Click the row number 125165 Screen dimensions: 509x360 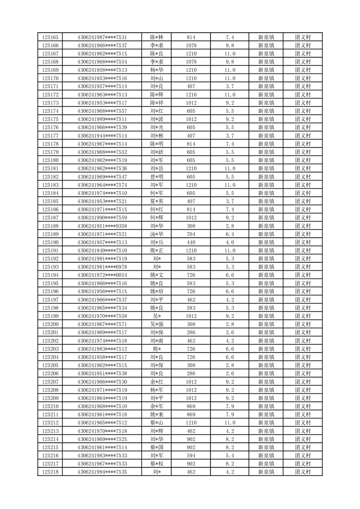[x=50, y=37]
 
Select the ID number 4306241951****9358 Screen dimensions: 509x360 [x=102, y=226]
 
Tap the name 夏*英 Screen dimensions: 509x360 [x=157, y=201]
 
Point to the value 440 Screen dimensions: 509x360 [x=191, y=242]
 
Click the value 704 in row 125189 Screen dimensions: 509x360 [x=191, y=234]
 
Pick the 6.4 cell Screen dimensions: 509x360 [x=229, y=234]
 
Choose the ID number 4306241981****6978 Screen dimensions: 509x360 [x=102, y=267]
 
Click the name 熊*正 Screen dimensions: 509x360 [x=157, y=250]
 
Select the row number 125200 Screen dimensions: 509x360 [x=50, y=324]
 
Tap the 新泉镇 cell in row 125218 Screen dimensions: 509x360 [x=266, y=472]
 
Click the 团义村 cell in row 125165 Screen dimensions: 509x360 [x=303, y=37]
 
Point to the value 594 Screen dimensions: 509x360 [x=191, y=455]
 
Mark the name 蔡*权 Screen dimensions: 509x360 [x=157, y=464]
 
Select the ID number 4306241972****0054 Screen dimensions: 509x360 [x=102, y=275]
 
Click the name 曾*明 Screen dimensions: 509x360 [x=157, y=176]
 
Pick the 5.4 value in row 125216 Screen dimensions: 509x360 [x=229, y=455]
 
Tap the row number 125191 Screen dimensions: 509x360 [x=50, y=250]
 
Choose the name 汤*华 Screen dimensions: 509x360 [x=157, y=234]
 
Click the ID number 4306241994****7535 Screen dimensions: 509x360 [x=102, y=472]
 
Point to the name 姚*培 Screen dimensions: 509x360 [x=157, y=291]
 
